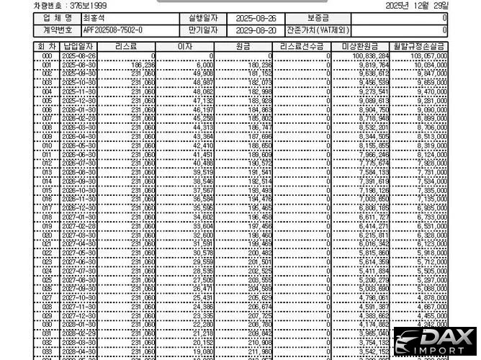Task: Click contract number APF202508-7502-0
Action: coord(113,30)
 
